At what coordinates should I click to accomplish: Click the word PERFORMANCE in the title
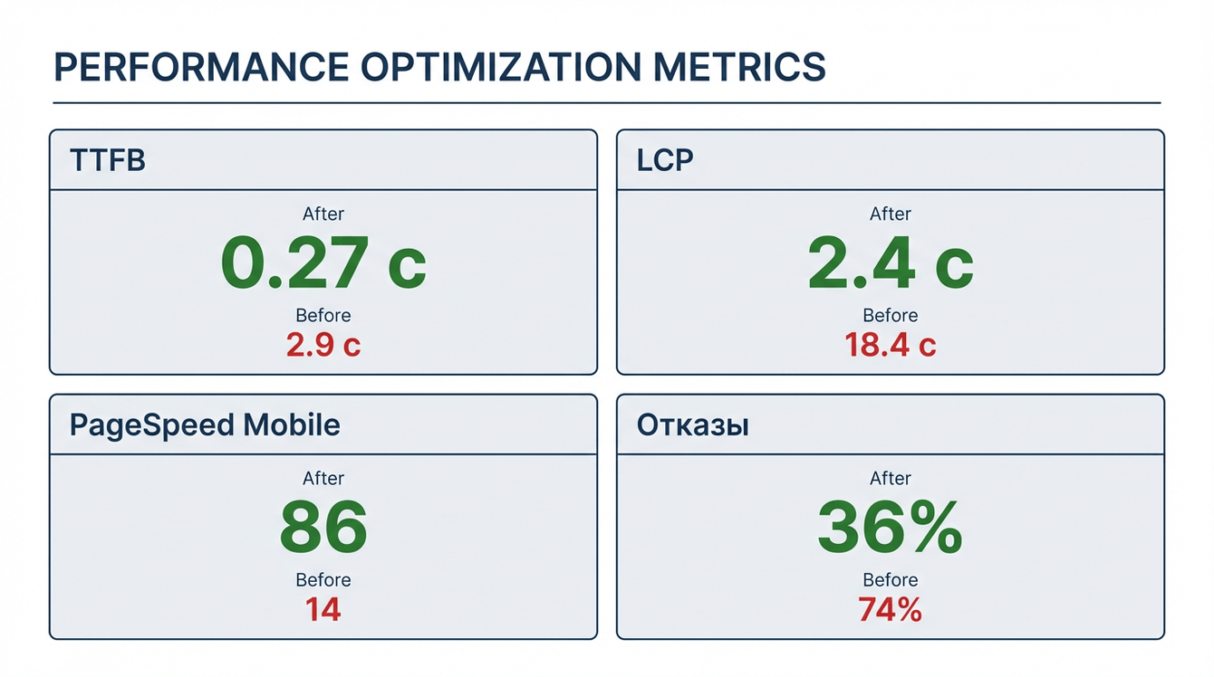(201, 67)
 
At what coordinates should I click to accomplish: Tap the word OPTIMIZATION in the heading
(501, 67)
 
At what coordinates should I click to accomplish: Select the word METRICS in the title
(739, 67)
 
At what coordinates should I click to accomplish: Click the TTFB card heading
(108, 160)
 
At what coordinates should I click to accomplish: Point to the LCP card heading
(664, 160)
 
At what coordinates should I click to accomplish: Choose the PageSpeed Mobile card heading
(205, 425)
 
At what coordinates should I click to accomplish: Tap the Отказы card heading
(693, 425)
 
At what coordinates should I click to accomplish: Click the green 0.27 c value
(323, 262)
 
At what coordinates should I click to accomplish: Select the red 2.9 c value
(323, 345)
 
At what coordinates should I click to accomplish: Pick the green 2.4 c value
(891, 262)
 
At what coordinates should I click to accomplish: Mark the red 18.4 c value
(891, 345)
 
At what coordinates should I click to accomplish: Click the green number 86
(323, 527)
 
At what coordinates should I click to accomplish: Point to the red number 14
(323, 609)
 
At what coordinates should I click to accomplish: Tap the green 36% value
(891, 527)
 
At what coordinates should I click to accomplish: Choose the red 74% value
(891, 609)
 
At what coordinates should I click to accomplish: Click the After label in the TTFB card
(323, 214)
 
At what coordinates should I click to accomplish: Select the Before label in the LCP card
(891, 315)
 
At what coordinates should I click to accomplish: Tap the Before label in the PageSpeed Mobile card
(323, 580)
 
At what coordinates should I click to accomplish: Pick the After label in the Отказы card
(891, 478)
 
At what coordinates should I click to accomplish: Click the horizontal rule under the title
(607, 102)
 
